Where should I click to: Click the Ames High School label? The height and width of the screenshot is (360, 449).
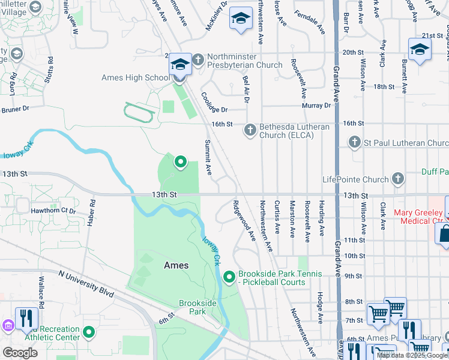pyautogui.click(x=136, y=77)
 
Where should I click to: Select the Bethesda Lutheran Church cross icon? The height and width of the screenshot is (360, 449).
pyautogui.click(x=250, y=130)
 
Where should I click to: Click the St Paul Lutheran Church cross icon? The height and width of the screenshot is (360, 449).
pyautogui.click(x=354, y=143)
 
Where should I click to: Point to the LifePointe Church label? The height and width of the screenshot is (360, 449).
pyautogui.click(x=355, y=179)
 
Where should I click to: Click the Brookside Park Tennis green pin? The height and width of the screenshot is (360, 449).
pyautogui.click(x=229, y=277)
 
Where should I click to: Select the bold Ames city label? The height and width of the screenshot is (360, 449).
pyautogui.click(x=176, y=265)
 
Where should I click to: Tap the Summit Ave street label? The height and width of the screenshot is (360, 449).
pyautogui.click(x=208, y=157)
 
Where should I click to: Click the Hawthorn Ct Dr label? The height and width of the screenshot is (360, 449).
pyautogui.click(x=55, y=211)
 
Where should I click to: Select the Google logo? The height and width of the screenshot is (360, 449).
pyautogui.click(x=20, y=353)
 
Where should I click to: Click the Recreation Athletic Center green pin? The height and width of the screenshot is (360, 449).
pyautogui.click(x=89, y=332)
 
